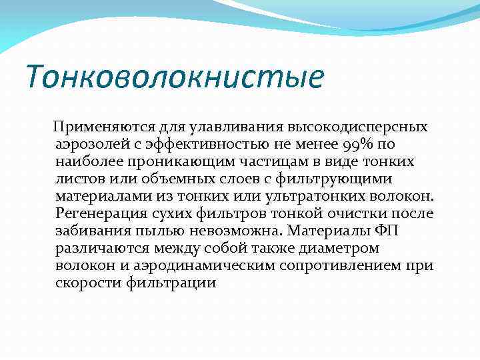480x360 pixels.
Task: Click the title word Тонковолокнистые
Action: pyautogui.click(x=174, y=76)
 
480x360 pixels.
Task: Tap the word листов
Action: pyautogui.click(x=80, y=179)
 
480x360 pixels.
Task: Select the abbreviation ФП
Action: pyautogui.click(x=384, y=231)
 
